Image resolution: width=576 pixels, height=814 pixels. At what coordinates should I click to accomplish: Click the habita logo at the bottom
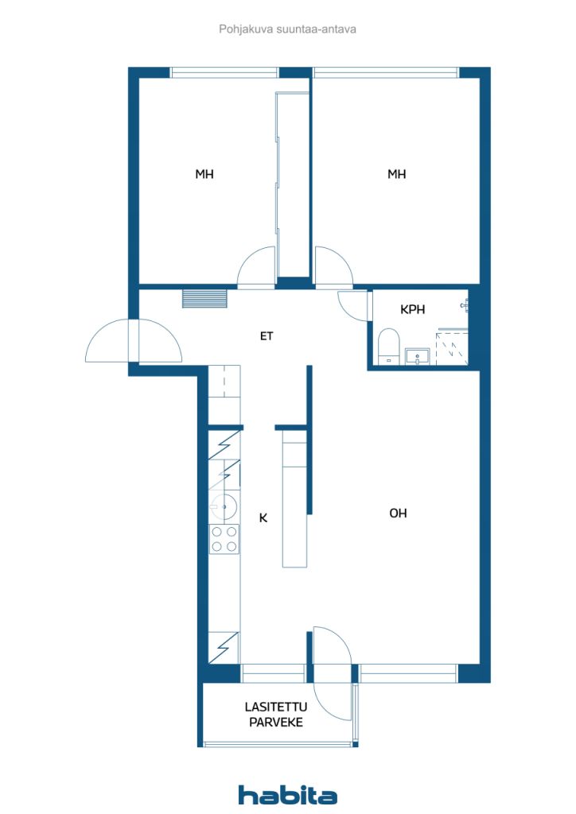[287, 794]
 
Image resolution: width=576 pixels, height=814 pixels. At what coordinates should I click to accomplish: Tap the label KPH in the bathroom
[412, 309]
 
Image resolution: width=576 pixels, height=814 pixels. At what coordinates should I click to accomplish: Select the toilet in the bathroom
[388, 346]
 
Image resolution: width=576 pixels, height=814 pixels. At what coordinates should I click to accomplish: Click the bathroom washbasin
[417, 357]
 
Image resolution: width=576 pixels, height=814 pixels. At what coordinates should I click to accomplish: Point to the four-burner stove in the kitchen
[224, 539]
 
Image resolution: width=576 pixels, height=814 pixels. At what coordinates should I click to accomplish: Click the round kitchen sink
[224, 506]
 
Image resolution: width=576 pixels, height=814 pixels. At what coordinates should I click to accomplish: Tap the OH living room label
[398, 513]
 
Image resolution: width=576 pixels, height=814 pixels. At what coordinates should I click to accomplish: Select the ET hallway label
[267, 336]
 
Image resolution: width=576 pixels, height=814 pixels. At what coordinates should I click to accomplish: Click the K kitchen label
[263, 517]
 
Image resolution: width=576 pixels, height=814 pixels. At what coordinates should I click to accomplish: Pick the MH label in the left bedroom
[204, 174]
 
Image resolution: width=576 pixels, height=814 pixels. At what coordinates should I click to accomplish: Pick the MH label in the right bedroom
[397, 174]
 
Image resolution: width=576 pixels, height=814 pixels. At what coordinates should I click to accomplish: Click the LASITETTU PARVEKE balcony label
[276, 715]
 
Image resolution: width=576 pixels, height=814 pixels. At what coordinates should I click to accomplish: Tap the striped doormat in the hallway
[204, 299]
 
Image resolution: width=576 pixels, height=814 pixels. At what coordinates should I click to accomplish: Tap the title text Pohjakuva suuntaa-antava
[287, 29]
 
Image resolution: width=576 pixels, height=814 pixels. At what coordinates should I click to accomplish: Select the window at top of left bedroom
[225, 72]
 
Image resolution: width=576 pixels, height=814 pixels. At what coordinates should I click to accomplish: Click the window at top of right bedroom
[386, 72]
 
